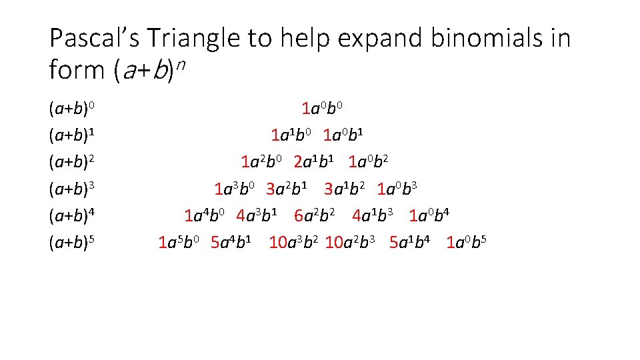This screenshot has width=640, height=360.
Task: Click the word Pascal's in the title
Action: click(x=94, y=38)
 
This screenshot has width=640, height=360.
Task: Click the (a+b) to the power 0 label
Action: click(x=75, y=108)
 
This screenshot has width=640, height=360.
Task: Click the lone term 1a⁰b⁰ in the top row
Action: click(x=323, y=108)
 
